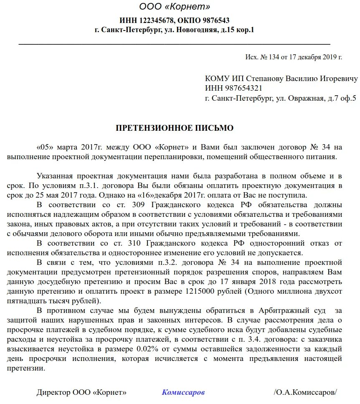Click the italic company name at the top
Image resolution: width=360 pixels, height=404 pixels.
175,7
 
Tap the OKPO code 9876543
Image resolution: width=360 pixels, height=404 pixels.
213,20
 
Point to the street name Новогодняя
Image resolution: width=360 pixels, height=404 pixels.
196,30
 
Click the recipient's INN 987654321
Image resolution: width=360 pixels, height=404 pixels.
241,88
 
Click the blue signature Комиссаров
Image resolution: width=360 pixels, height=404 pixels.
183,393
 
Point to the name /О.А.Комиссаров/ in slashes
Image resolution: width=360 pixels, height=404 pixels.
305,393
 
